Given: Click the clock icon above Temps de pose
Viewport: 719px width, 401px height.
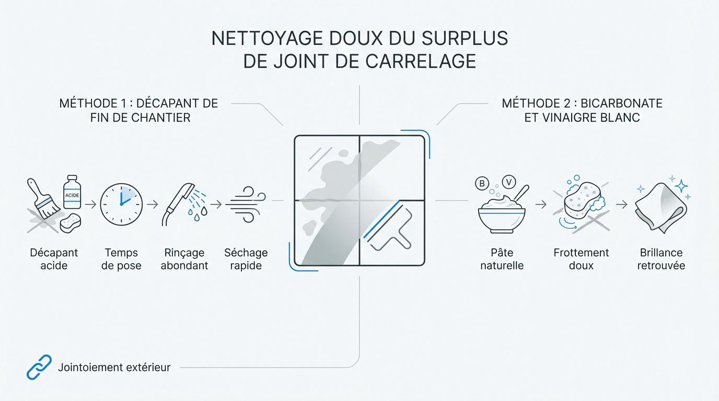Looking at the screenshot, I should tap(121, 204).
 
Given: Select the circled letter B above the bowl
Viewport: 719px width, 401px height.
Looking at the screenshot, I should tap(481, 184).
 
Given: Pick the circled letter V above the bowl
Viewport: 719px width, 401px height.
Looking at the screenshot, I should tap(508, 182).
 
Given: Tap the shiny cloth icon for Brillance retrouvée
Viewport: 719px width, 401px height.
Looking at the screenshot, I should tap(659, 207).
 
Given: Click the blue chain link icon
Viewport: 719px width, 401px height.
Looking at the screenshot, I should tap(39, 367).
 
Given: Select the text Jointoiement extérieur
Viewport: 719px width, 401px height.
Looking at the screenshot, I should tap(114, 368).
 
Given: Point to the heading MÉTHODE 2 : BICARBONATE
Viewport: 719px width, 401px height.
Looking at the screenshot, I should tap(582, 103).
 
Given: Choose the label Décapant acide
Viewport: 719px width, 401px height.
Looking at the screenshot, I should tap(54, 259).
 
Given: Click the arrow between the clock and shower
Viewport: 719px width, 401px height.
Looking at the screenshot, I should tap(152, 204).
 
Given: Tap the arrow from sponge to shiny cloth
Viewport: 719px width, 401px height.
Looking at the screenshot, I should tap(621, 204).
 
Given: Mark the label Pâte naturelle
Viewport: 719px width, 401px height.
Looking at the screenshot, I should tap(502, 259).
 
